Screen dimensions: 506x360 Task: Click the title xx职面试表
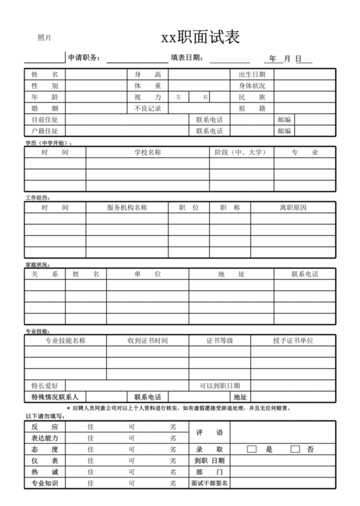tap(200, 38)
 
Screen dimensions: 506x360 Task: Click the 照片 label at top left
tap(45, 38)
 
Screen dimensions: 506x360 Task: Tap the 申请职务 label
tap(84, 58)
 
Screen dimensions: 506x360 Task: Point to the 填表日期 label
tap(187, 58)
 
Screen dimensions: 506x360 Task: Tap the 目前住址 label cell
tap(45, 120)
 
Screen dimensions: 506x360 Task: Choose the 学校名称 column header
tap(148, 152)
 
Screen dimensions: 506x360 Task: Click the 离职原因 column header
tap(293, 208)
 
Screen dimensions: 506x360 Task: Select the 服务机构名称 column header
tap(127, 208)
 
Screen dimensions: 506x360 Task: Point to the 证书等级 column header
tap(220, 340)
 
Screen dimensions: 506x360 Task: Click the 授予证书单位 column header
tap(293, 340)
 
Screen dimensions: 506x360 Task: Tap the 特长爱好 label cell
tap(45, 386)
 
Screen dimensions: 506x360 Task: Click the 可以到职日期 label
tap(220, 386)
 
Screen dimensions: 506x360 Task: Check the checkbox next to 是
tap(252, 449)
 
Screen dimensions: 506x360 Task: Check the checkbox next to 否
tap(295, 449)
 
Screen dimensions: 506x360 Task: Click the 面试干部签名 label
tap(210, 483)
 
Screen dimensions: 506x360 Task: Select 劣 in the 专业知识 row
tap(173, 483)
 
